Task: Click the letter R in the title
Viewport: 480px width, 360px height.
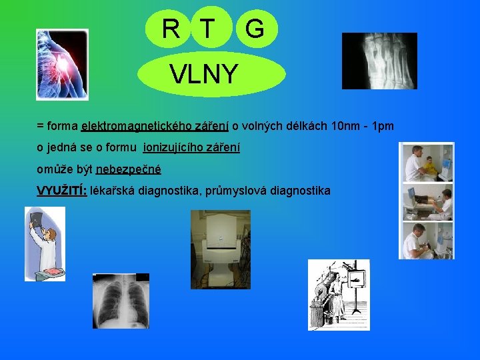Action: [x=171, y=29]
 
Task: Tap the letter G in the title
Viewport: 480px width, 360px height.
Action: [x=253, y=29]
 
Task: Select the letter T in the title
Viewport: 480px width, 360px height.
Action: [x=207, y=29]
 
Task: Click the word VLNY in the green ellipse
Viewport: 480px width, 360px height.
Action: [x=203, y=74]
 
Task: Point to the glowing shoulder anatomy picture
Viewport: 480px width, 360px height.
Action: [x=62, y=65]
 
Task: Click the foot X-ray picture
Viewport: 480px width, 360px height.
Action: [x=379, y=61]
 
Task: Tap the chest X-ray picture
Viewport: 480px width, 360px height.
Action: [x=121, y=300]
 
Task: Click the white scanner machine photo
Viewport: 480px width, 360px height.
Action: [x=221, y=249]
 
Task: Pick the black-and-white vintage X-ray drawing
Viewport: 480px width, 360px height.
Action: [x=338, y=294]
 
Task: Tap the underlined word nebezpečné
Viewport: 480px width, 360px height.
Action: [x=129, y=169]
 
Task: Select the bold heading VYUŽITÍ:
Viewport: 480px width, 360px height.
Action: [x=61, y=191]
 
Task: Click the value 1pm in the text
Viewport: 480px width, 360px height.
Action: [x=383, y=125]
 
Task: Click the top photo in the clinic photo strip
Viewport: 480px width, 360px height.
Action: [x=427, y=162]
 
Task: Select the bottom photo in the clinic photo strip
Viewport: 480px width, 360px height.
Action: [x=427, y=241]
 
